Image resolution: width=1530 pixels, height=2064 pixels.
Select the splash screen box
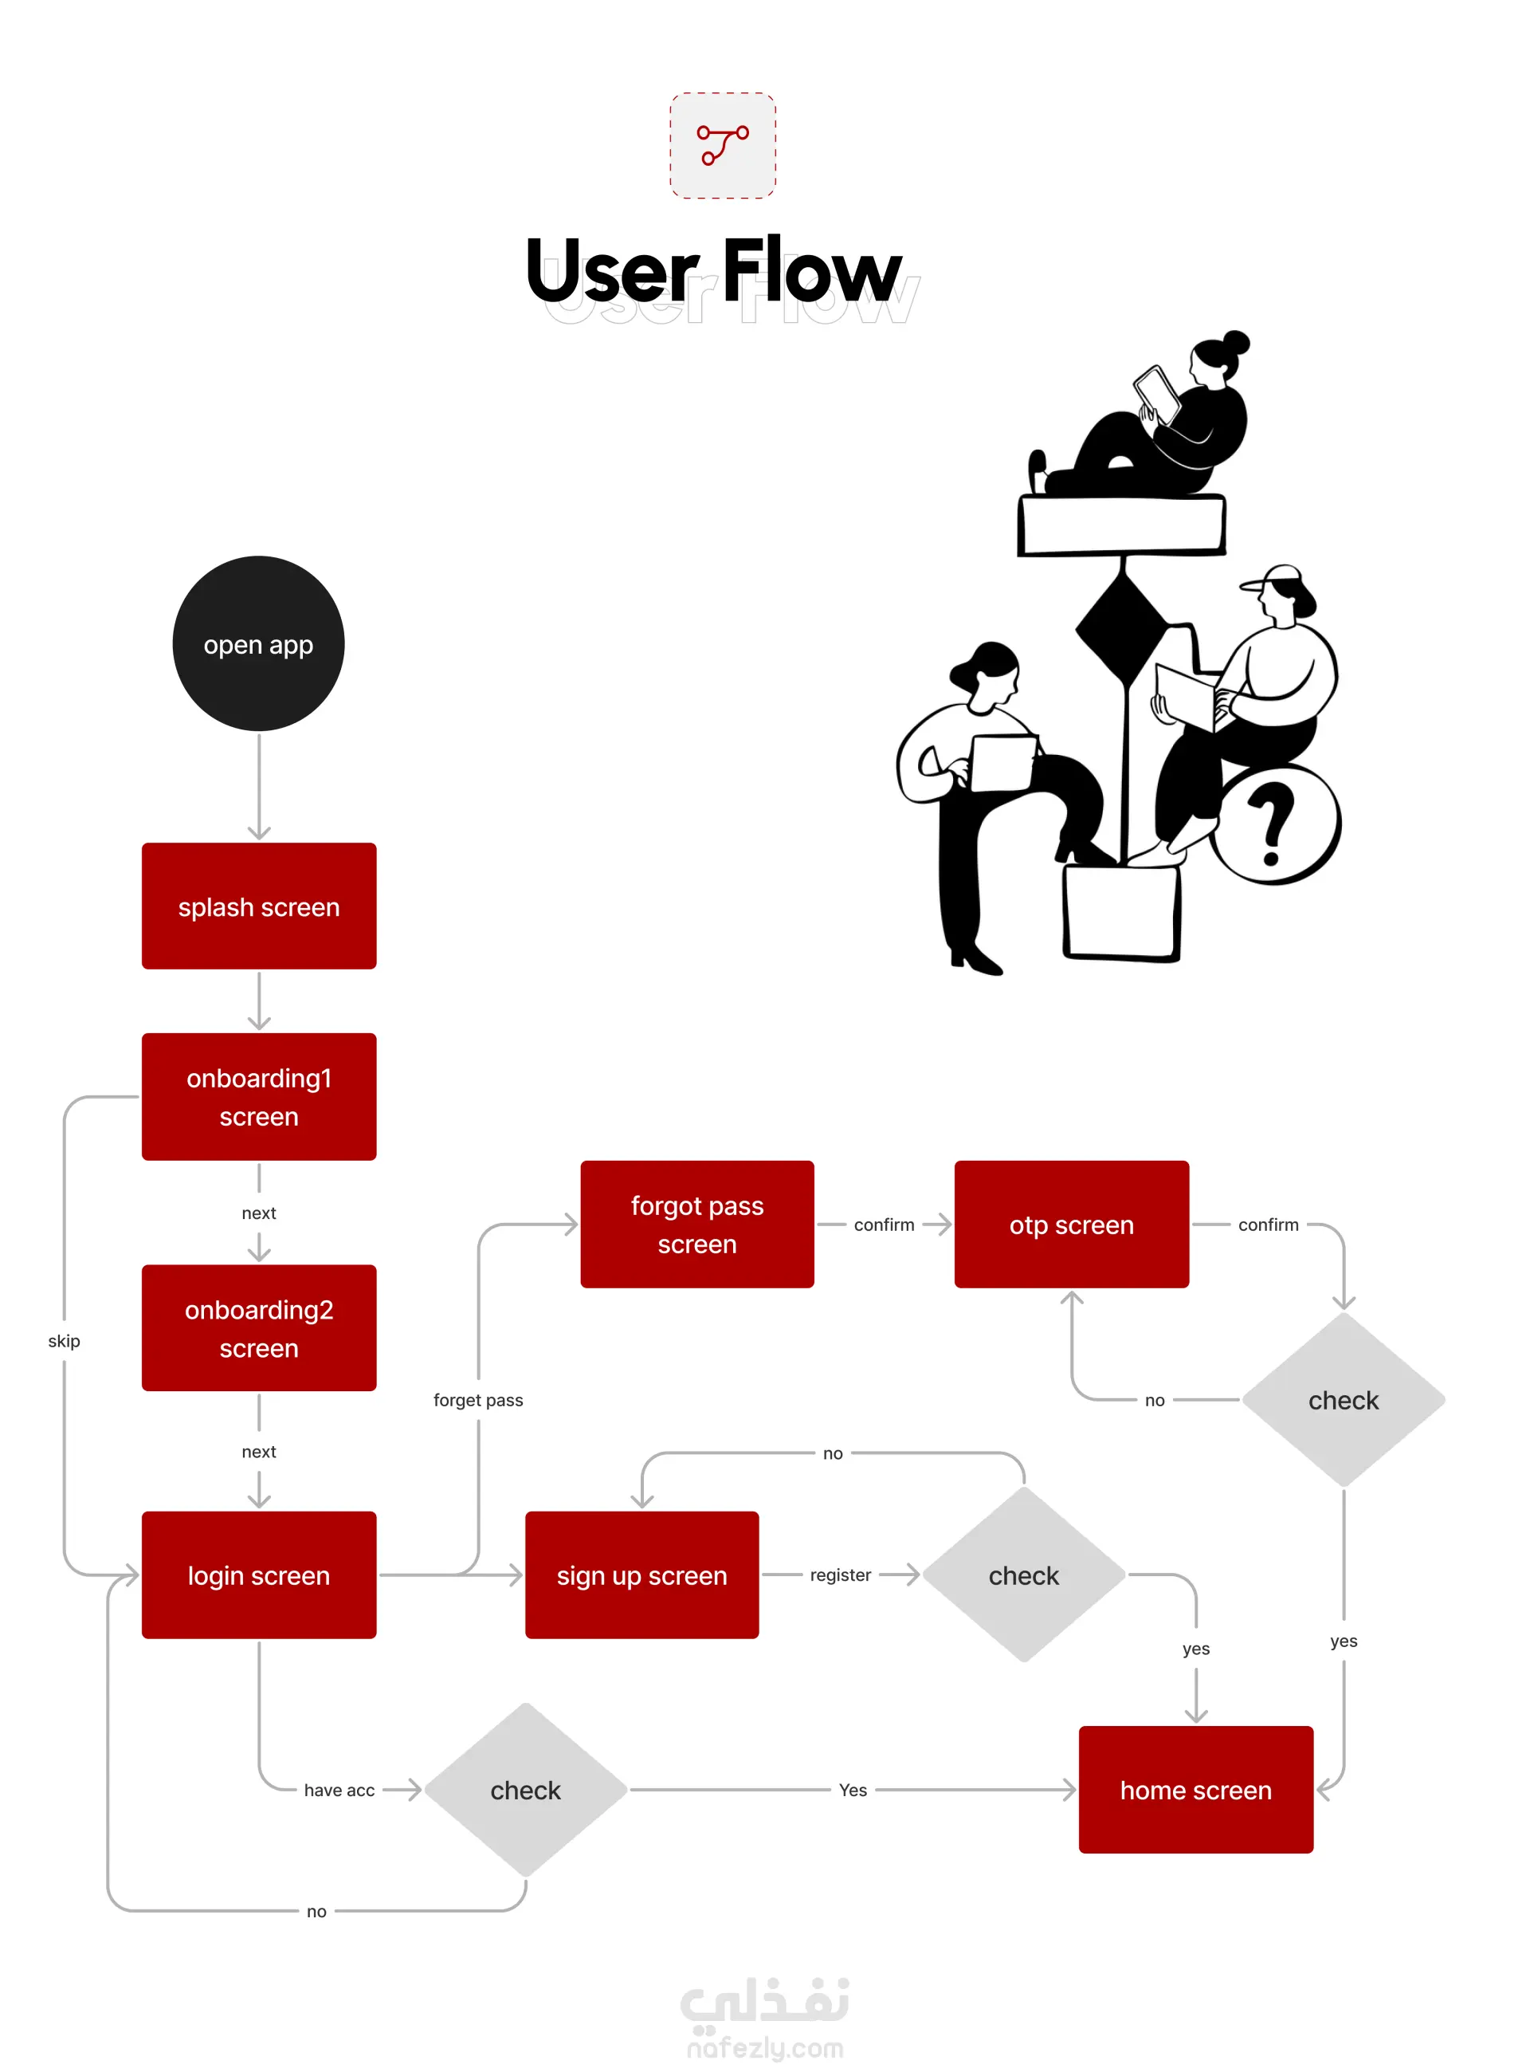click(x=258, y=905)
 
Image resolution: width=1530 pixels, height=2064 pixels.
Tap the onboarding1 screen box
click(x=258, y=1096)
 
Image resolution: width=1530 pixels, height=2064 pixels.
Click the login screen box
click(x=258, y=1574)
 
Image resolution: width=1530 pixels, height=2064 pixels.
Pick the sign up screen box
click(x=641, y=1574)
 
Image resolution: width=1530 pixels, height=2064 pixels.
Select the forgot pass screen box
click(x=696, y=1223)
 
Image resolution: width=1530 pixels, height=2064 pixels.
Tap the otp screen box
click(x=1071, y=1223)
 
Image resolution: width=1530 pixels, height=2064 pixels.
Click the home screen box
click(x=1195, y=1789)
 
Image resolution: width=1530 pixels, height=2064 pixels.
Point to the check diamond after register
click(x=1023, y=1574)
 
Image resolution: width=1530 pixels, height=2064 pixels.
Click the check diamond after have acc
click(x=525, y=1789)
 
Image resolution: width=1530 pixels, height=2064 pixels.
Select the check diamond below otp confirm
click(x=1343, y=1399)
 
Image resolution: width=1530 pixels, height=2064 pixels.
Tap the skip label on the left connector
click(x=64, y=1340)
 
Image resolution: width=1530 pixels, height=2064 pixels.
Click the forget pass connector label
click(x=478, y=1399)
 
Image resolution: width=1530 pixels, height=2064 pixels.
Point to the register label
click(x=840, y=1574)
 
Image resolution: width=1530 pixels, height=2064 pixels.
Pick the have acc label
click(x=339, y=1790)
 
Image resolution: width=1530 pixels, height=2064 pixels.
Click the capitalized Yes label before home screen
click(x=852, y=1790)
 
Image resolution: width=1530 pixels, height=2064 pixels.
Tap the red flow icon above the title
click(x=723, y=145)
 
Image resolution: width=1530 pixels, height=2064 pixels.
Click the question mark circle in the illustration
click(x=1275, y=823)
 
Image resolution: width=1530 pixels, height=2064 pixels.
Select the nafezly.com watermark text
click(x=765, y=2047)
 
